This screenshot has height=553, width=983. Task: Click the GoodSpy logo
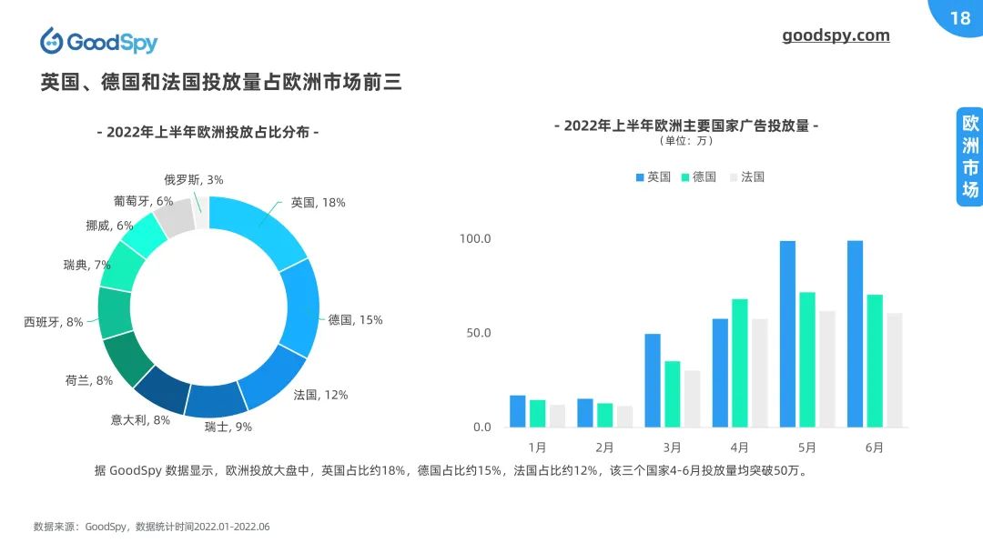98,42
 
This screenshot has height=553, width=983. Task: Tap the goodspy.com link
836,35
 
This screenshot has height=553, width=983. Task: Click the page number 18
959,18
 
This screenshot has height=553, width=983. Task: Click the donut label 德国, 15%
355,320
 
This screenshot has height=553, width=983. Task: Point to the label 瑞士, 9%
228,427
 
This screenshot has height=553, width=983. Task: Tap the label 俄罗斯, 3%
193,180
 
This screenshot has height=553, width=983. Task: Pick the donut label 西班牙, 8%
54,322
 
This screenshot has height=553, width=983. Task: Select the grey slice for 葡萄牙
174,218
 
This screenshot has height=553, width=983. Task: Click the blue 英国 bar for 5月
787,334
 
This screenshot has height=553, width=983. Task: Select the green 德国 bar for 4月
739,363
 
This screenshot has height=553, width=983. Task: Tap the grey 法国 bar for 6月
895,370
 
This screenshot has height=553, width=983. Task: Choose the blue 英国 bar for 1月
517,411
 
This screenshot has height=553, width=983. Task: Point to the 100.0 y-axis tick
475,238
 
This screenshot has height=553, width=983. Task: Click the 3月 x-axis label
672,447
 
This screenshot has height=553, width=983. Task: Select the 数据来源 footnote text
151,527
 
